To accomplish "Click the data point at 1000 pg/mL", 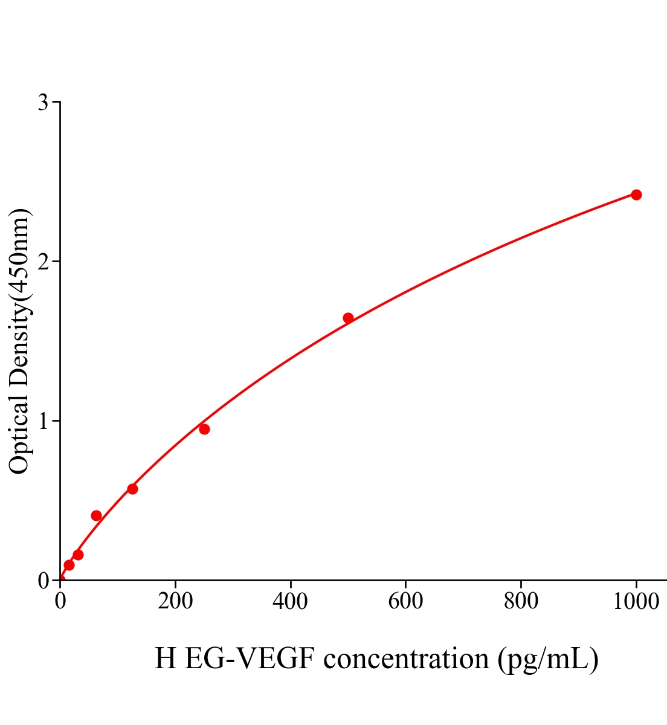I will (636, 195).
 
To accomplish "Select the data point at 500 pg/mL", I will (348, 318).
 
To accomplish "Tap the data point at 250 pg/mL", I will (204, 429).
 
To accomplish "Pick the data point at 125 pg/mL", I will (132, 489).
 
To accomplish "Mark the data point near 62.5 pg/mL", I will (96, 515).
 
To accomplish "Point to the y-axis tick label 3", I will (43, 103).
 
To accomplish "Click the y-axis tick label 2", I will (43, 262).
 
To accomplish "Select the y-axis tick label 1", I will (43, 421).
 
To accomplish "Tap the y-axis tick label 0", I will (43, 581).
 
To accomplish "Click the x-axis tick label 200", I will (175, 602).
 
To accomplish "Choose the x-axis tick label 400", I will (290, 602).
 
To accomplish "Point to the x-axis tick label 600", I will (405, 602).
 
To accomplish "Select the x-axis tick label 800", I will (520, 602).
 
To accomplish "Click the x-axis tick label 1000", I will (636, 602).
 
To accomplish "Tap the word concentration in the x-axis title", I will (406, 659).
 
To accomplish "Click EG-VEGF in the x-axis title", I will (250, 659).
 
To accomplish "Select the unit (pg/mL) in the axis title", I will (548, 659).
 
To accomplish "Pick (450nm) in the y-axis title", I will (19, 256).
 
